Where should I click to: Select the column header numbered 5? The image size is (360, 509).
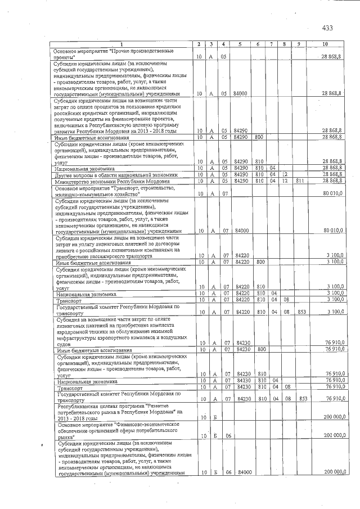[240, 44]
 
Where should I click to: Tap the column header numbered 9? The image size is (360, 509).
[298, 44]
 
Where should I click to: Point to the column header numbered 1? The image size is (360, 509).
[121, 44]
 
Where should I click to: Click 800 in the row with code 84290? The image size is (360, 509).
[259, 137]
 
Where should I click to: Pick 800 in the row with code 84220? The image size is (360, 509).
[259, 262]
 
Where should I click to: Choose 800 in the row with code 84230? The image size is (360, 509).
[259, 350]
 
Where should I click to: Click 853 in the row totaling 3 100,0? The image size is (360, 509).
[302, 312]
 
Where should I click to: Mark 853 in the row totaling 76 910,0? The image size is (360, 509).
[302, 399]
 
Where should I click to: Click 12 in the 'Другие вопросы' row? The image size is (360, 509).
[285, 174]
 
